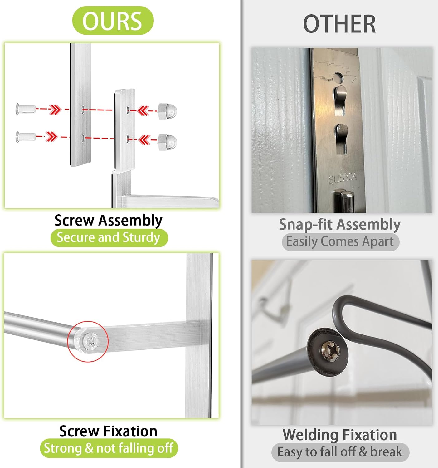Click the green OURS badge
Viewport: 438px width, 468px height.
point(113,21)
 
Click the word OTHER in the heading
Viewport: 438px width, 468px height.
point(339,24)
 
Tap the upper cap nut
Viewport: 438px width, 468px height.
point(167,111)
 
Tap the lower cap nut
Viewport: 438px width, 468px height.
point(167,142)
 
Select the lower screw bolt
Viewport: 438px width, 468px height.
point(26,136)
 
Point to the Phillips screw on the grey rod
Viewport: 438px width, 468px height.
point(331,351)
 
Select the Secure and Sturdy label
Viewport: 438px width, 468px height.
point(109,237)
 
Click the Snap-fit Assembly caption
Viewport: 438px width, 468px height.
point(340,224)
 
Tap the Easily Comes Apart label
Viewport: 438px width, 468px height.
point(340,242)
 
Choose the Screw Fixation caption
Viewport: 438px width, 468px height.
point(108,431)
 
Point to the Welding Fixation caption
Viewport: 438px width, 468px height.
point(340,435)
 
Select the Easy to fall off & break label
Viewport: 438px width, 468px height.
point(340,452)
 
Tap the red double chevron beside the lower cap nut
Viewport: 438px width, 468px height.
point(144,139)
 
